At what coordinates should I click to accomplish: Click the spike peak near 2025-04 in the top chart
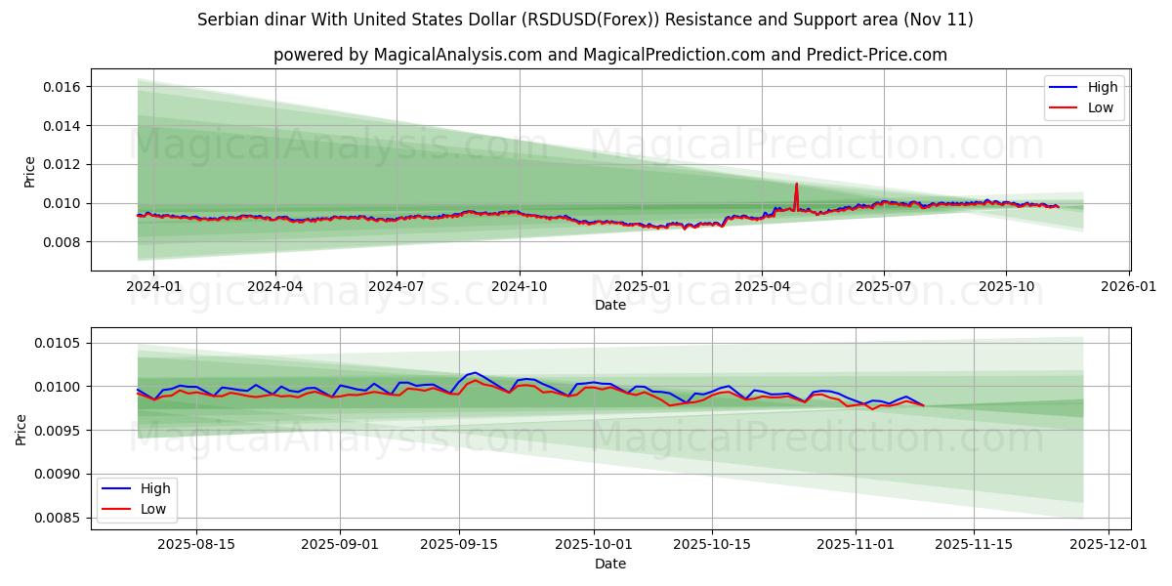(796, 184)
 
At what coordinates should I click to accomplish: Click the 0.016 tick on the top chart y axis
(61, 87)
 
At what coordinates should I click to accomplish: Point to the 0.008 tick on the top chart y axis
(61, 242)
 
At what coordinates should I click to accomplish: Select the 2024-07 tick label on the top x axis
(396, 287)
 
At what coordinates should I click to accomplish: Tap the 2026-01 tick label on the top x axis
(1129, 287)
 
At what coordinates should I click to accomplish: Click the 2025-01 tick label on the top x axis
(641, 287)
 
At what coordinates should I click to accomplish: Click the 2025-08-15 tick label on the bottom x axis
(196, 545)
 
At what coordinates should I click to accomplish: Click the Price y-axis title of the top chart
(30, 171)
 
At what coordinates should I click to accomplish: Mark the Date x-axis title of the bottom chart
(610, 564)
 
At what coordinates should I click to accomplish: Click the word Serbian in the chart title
(227, 20)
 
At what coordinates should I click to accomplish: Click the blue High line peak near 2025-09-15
(475, 372)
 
